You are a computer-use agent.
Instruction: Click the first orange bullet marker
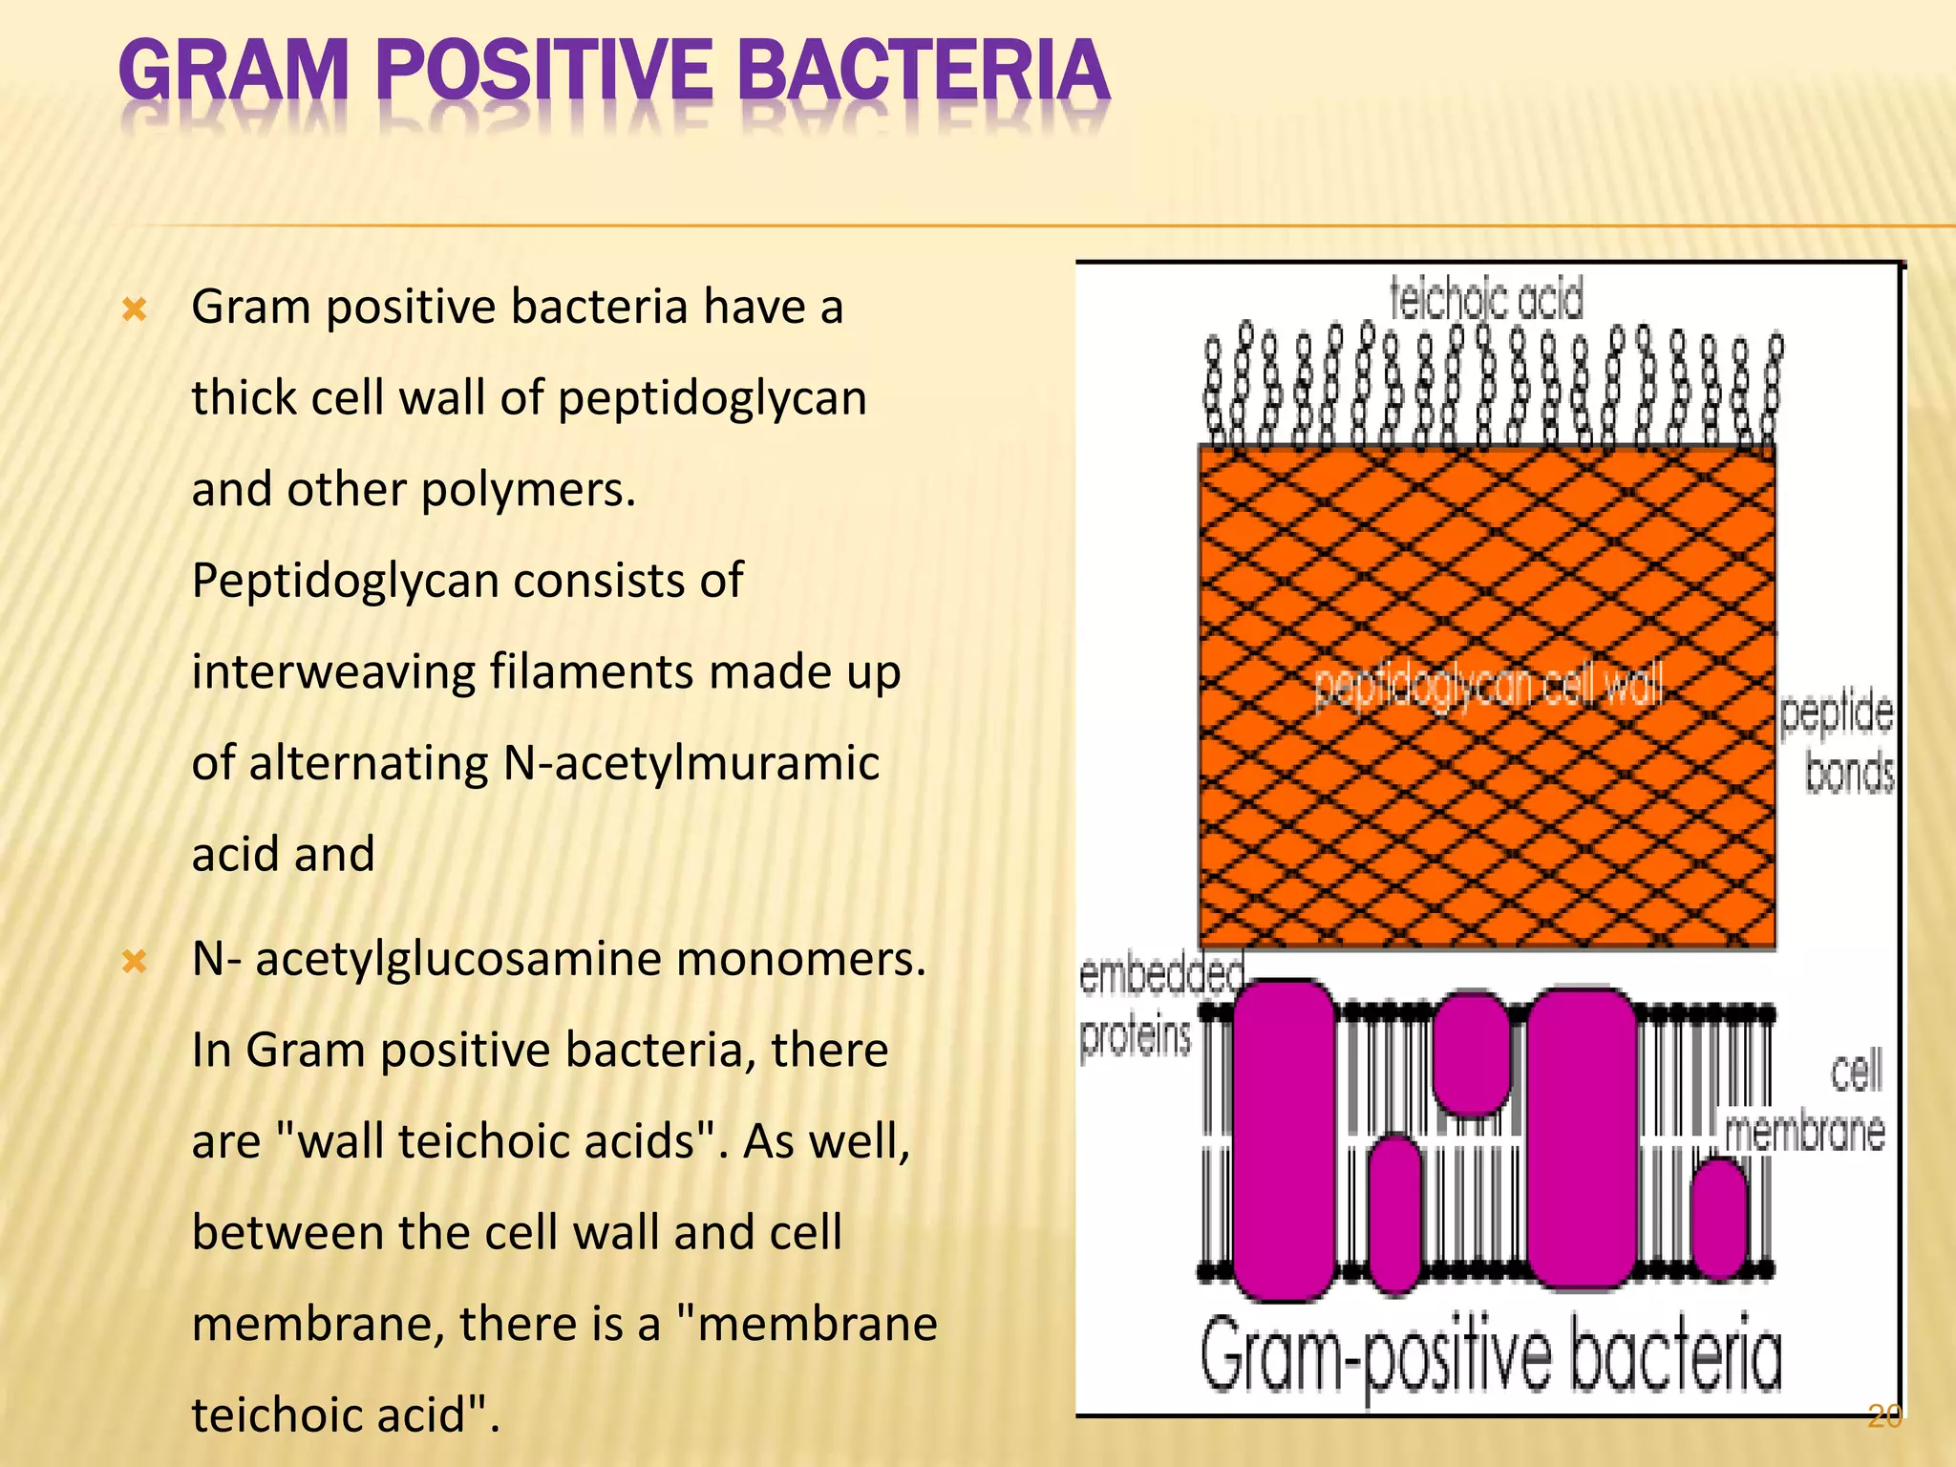pos(135,309)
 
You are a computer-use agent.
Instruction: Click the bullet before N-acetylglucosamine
pos(135,961)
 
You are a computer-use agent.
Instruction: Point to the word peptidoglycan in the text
pos(712,398)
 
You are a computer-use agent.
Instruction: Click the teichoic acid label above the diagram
pos(1486,299)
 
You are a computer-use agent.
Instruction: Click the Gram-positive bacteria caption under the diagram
pos(1490,1354)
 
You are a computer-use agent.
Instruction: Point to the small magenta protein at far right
pos(1719,1218)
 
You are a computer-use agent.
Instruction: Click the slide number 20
pos(1884,1415)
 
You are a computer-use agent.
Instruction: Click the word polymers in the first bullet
pos(527,490)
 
